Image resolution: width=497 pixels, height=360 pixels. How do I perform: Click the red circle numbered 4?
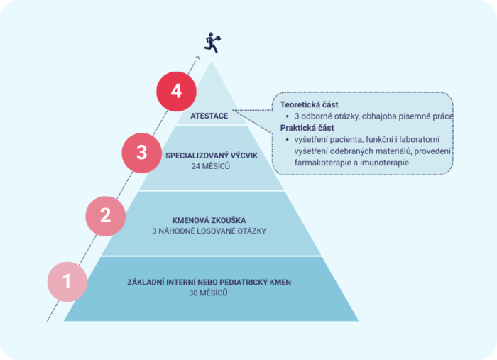[x=176, y=92]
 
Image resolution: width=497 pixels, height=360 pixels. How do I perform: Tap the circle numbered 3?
[x=142, y=153]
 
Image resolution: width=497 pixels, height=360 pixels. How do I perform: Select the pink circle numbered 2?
[x=106, y=216]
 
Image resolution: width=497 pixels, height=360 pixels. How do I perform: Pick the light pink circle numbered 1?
[x=67, y=281]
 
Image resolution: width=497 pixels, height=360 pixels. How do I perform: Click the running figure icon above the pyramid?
[x=212, y=43]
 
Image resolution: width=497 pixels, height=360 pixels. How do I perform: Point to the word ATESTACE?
[x=209, y=116]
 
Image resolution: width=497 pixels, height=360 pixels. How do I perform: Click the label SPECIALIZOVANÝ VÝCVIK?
[x=212, y=156]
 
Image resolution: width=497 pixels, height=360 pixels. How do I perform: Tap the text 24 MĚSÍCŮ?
[x=210, y=166]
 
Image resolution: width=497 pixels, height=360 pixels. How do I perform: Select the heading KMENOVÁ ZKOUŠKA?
[x=209, y=220]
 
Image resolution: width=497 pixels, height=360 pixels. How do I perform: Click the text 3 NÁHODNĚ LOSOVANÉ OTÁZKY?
[x=209, y=231]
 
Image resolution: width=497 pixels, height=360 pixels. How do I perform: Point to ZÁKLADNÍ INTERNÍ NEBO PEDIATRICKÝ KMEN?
[x=209, y=283]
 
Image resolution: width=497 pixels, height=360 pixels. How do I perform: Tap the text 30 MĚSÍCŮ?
[x=208, y=293]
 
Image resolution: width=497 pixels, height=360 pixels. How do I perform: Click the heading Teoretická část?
[x=309, y=104]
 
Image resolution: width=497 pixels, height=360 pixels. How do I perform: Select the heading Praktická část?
[x=307, y=128]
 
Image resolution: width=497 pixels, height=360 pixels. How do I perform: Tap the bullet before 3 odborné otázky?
[x=287, y=116]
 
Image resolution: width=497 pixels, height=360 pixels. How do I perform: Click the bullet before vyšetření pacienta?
[x=287, y=140]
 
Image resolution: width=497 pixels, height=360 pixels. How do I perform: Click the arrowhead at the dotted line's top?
[x=197, y=58]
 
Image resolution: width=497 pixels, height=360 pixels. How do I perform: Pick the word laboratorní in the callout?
[x=420, y=139]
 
